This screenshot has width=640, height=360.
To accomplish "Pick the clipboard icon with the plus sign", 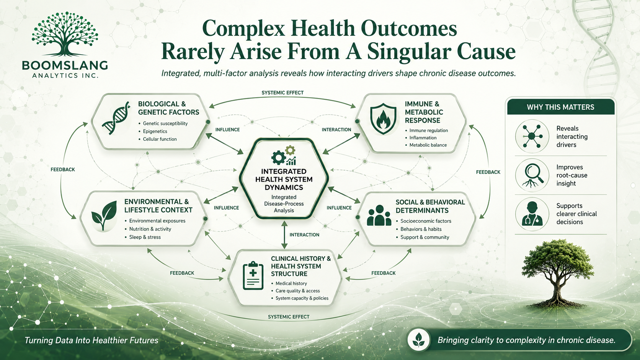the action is click(x=253, y=275).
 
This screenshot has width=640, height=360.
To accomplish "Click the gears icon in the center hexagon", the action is click(x=284, y=156).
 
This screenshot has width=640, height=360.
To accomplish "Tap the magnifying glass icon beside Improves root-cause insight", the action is click(x=532, y=175).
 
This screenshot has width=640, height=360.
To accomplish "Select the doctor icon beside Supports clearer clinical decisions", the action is click(x=532, y=214).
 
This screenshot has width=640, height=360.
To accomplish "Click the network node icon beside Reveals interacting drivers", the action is click(x=532, y=136).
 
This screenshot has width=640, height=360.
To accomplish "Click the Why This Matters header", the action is click(x=560, y=107).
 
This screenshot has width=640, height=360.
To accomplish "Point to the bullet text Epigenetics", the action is click(x=155, y=131).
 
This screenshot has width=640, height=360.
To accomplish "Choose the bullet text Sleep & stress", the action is click(x=145, y=237).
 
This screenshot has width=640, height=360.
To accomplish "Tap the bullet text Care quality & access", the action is click(x=298, y=291).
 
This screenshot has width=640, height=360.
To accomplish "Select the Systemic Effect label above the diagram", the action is click(x=282, y=93).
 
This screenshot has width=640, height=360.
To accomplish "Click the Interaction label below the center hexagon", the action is click(x=304, y=235).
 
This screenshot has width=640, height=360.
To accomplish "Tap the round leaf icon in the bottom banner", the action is click(x=419, y=340).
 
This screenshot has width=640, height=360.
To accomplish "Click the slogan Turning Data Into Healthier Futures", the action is click(x=91, y=340).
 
